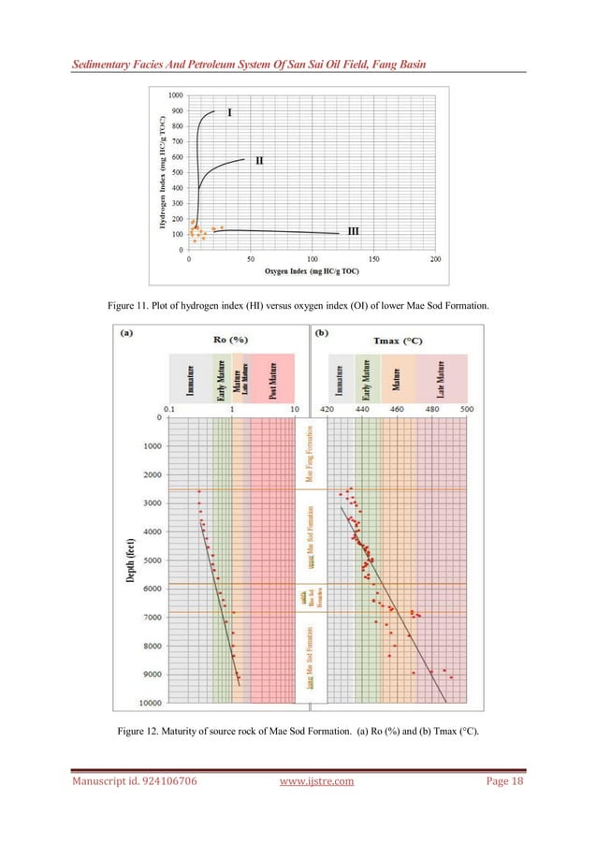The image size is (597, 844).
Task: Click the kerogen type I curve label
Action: pyautogui.click(x=230, y=112)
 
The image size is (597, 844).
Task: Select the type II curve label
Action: pyautogui.click(x=259, y=160)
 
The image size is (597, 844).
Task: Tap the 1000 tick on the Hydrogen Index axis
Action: pyautogui.click(x=175, y=95)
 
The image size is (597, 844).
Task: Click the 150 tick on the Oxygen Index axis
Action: pyautogui.click(x=373, y=258)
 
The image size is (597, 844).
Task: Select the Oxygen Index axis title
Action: pyautogui.click(x=311, y=270)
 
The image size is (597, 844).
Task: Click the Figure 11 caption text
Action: pyautogui.click(x=298, y=305)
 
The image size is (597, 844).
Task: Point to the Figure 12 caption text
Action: pyautogui.click(x=298, y=743)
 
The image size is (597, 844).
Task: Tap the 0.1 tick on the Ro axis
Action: pyautogui.click(x=168, y=409)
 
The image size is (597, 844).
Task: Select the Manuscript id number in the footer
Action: pyautogui.click(x=134, y=806)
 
